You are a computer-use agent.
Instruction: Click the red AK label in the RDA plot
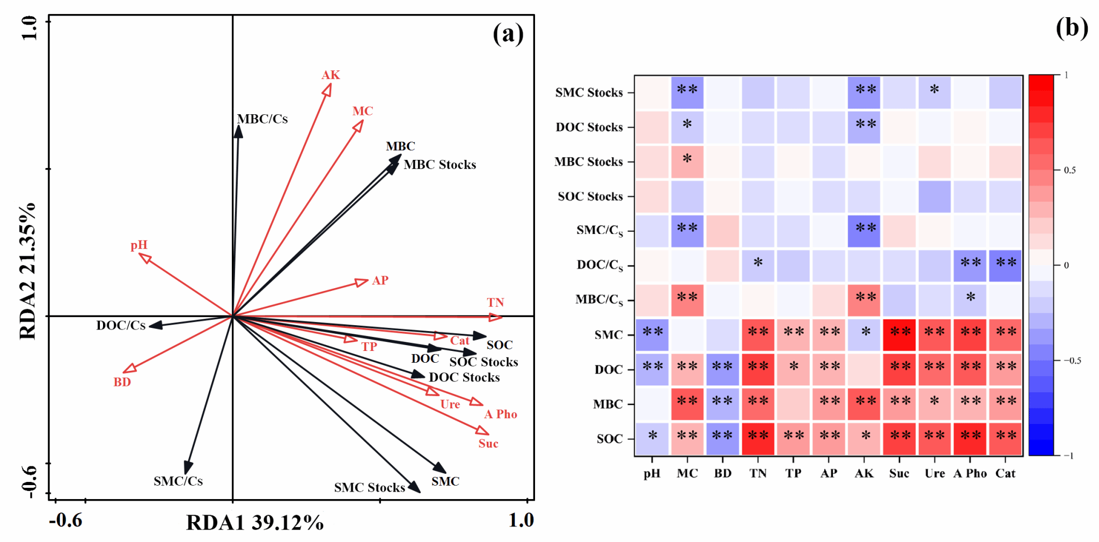click(331, 75)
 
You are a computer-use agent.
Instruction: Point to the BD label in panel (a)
click(122, 382)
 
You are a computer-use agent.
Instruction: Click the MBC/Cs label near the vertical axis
click(262, 119)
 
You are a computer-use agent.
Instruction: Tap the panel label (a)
click(508, 34)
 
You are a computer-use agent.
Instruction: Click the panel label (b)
click(1072, 28)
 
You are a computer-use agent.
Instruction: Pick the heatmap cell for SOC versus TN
click(758, 438)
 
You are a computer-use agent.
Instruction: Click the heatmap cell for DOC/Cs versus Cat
click(1005, 265)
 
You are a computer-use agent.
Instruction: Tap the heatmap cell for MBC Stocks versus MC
click(687, 162)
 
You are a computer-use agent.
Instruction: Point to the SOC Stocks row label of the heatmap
click(590, 196)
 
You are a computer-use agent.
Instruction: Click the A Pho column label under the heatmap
click(970, 473)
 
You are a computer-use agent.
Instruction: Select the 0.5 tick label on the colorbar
click(1069, 170)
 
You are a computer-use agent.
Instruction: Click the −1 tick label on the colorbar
click(1068, 456)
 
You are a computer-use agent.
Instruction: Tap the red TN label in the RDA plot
click(495, 303)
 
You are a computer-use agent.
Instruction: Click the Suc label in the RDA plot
click(488, 444)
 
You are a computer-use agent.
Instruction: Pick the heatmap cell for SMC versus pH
click(652, 335)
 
